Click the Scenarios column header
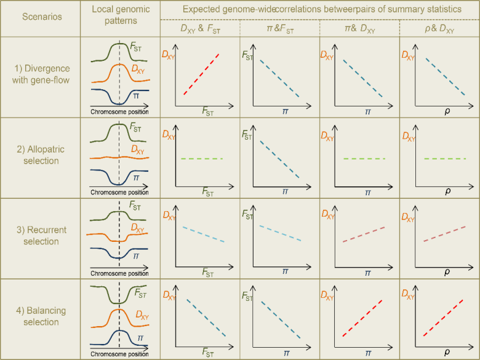click(40, 17)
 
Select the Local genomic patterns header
click(120, 17)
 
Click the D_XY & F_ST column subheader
click(200, 30)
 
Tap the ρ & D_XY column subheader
click(439, 30)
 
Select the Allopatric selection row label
click(40, 155)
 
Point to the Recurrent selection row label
click(40, 236)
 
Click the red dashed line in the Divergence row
click(202, 74)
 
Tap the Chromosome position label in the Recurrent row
click(119, 273)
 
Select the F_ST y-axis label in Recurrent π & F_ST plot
click(247, 216)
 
